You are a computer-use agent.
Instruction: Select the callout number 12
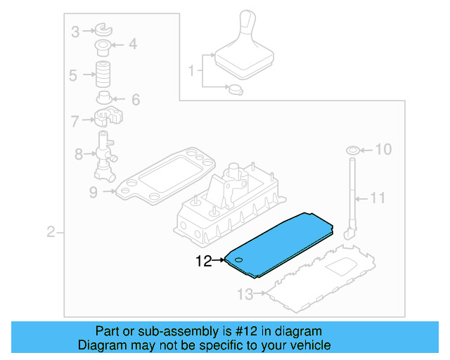(203, 262)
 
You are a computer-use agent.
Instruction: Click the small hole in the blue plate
(238, 261)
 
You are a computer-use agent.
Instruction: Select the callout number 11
(378, 199)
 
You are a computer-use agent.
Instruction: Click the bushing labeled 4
(104, 47)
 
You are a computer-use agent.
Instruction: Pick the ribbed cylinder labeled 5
(104, 74)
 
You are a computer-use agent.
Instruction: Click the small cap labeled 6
(105, 97)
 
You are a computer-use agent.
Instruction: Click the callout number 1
(191, 71)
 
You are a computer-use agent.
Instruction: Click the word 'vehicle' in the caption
(307, 345)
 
